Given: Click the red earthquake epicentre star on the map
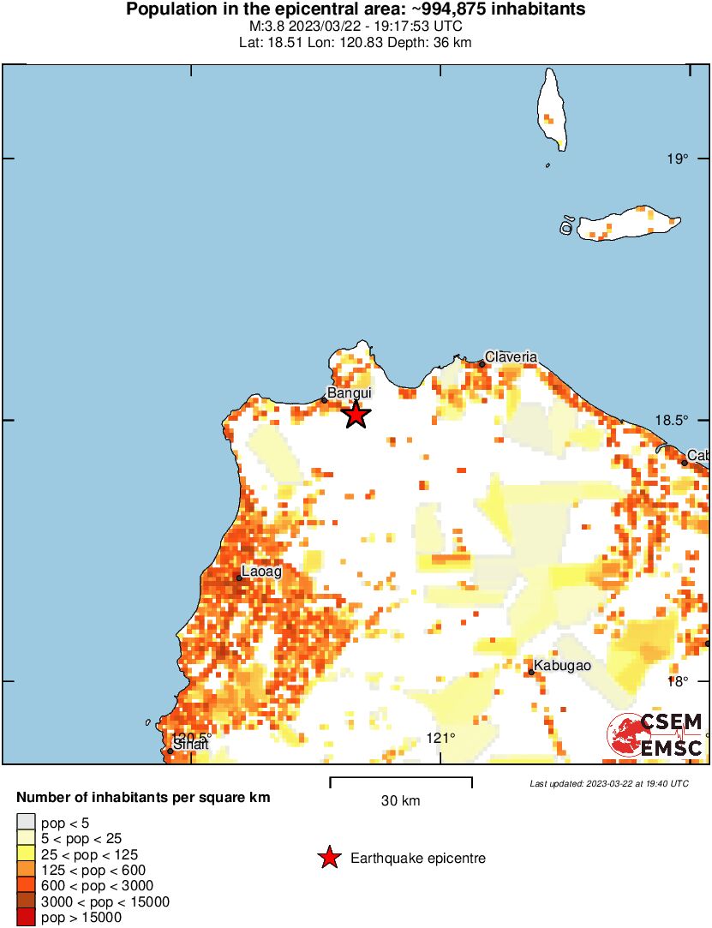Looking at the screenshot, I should coord(356,416).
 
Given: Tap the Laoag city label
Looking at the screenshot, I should coord(261,571).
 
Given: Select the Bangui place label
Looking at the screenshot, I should coord(350,393).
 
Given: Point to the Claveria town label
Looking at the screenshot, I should coord(511,356).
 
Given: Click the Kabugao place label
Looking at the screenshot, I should coord(561,666).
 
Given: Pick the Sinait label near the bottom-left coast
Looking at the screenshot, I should coord(190,745).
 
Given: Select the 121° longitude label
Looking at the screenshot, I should coord(440,738).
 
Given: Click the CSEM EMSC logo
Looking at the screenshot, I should coord(656,735).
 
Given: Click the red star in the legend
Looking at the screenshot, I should coord(328,858).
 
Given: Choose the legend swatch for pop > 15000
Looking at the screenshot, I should coord(27,917).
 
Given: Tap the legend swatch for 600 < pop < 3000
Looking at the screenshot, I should coord(27,886).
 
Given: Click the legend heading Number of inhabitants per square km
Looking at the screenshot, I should coord(143,798).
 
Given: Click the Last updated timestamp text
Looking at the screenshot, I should coord(608,783).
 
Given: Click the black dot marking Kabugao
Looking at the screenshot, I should coord(531,672).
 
